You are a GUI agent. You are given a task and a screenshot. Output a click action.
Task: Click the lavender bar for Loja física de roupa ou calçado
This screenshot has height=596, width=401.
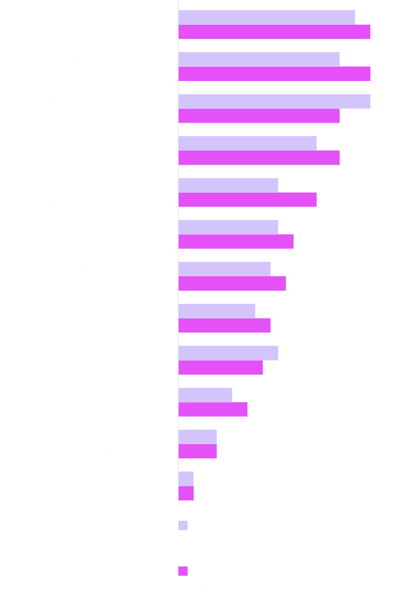point(266,17)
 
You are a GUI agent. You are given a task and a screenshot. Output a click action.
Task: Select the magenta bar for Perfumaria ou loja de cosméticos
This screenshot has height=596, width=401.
point(274,74)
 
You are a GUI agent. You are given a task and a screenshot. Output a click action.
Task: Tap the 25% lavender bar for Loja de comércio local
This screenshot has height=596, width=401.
point(274,101)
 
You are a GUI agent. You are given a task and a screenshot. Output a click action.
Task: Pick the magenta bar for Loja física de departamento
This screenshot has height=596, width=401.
point(259,159)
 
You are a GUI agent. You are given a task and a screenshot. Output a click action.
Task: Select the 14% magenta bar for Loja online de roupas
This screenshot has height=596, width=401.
point(232,284)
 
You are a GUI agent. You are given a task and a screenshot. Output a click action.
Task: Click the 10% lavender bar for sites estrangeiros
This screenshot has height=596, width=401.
point(217,311)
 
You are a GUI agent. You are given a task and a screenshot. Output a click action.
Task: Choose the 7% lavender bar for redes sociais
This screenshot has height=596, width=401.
point(205,395)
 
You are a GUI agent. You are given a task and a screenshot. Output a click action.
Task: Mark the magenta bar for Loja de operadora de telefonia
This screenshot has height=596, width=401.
point(197,452)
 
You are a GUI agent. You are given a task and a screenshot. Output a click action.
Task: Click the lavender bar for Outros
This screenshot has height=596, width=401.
point(186,479)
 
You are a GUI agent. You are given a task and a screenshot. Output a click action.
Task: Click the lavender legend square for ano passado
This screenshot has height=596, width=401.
point(182,526)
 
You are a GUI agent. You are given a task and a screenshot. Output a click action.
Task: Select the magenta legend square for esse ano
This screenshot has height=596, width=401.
point(182,572)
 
